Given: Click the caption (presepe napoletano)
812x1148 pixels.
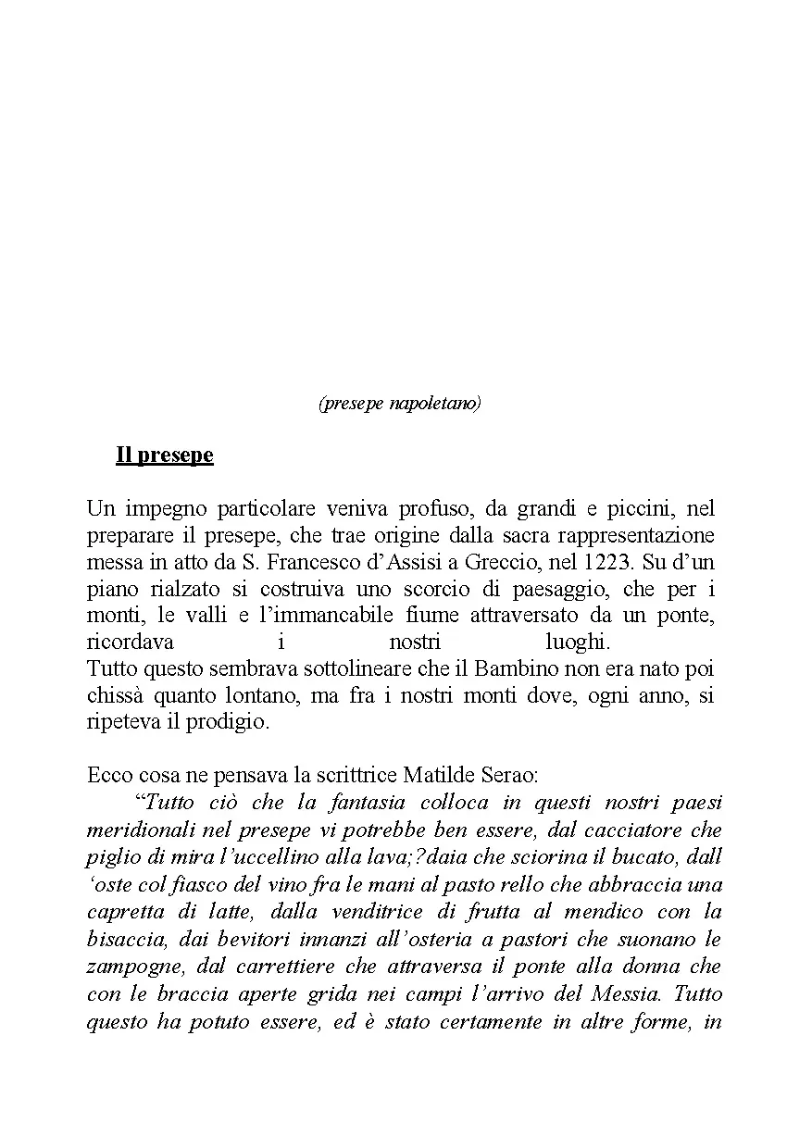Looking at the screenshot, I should click(399, 404).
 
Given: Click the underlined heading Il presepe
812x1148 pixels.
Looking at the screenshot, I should click(165, 455).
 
